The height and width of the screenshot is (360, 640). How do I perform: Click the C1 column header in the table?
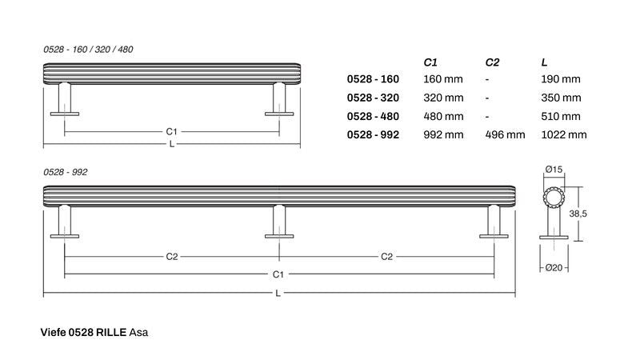point(430,62)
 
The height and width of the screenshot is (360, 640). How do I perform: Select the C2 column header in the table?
point(492,62)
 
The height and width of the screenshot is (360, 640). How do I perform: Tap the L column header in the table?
point(544,62)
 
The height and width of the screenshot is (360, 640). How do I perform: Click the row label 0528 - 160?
point(373,78)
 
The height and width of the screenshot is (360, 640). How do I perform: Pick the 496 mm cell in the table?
point(505,134)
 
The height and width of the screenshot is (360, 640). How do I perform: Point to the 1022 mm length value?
point(564,134)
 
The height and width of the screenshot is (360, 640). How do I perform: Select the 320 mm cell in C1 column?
point(443,98)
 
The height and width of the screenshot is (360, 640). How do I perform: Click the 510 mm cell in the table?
point(561,116)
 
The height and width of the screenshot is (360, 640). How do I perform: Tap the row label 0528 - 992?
point(373,134)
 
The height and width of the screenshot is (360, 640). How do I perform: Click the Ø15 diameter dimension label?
point(554,170)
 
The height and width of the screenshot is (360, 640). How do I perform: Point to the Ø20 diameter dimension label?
point(554,268)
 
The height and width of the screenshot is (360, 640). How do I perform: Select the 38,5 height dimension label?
point(578,214)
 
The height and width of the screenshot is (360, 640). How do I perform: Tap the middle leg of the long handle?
point(279,222)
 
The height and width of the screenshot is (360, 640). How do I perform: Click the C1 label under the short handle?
point(171,131)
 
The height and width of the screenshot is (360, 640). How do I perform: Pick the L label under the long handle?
point(278,293)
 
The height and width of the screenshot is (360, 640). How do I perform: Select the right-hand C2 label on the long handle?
point(386,257)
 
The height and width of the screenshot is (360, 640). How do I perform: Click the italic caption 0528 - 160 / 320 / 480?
point(88,50)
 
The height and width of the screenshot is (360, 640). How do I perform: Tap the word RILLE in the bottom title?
point(111,332)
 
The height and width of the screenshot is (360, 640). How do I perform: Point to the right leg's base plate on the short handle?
point(279,114)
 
